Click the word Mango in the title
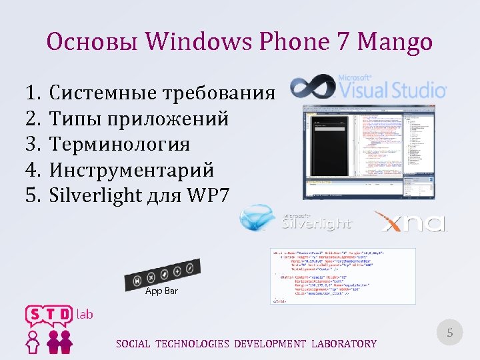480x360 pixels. tap(395, 43)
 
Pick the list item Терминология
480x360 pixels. tap(120, 144)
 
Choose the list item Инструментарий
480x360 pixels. tap(132, 170)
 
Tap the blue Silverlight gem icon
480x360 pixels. tap(258, 219)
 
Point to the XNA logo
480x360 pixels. tap(408, 221)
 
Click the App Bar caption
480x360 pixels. tap(161, 292)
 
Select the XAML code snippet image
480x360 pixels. tap(343, 276)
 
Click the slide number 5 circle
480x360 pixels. tap(449, 333)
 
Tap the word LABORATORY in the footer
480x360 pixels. tap(343, 344)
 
